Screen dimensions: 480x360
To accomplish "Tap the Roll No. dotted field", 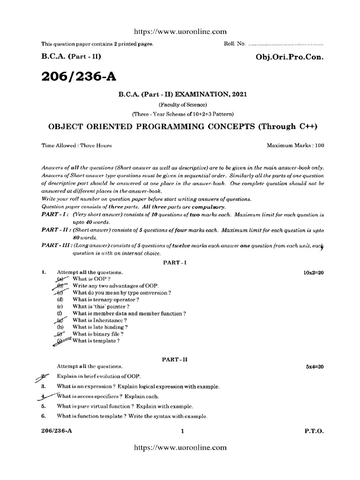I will [x=285, y=44].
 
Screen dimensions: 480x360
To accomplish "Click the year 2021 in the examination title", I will [x=239, y=94].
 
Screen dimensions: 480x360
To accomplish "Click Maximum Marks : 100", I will [x=295, y=145].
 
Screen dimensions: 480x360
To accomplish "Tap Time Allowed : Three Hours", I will [x=77, y=145].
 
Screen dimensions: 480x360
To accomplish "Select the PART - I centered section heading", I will [x=175, y=263].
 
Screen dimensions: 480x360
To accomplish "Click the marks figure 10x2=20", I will [x=314, y=272].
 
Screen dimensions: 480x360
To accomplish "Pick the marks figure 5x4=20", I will [x=315, y=366].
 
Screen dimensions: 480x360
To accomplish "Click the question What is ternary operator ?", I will [x=105, y=300].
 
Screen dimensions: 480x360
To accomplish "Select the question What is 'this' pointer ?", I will [x=101, y=306].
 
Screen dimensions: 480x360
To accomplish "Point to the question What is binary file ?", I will [x=98, y=334].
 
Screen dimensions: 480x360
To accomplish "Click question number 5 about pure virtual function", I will [x=43, y=406].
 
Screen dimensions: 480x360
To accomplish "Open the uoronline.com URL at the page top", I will [x=180, y=31].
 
